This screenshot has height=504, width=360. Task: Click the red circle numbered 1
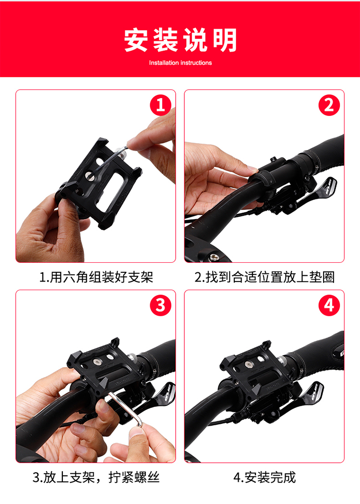161,105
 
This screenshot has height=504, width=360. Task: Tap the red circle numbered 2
329,105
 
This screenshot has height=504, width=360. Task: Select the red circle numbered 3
161,306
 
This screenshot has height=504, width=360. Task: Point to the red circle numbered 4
329,306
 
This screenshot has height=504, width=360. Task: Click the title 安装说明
180,40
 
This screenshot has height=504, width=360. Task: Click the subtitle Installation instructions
180,62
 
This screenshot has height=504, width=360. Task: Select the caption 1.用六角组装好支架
96,277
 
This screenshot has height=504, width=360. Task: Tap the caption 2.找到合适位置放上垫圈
264,277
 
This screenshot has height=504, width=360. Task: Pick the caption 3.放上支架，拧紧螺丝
96,477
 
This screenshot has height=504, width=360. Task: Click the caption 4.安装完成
264,477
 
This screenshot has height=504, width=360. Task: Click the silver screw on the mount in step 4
248,364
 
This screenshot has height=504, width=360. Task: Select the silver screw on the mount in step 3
96,362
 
